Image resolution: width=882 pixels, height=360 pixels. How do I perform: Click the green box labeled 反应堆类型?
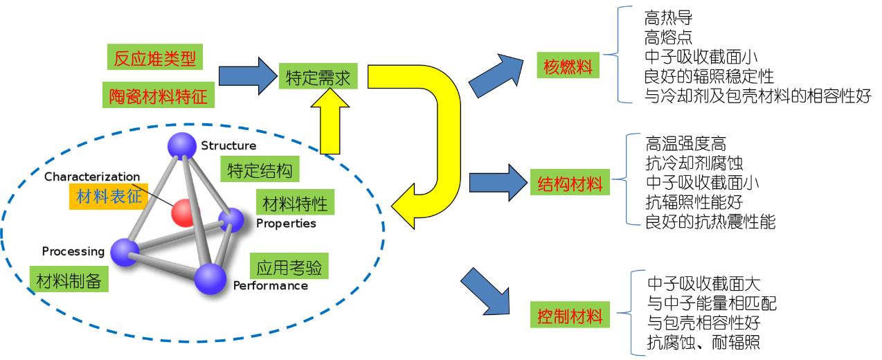point(155,59)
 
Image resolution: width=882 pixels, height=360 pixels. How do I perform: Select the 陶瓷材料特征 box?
point(159,96)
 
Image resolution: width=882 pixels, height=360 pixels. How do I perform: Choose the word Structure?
point(228,146)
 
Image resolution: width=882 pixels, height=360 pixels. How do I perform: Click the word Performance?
point(270,286)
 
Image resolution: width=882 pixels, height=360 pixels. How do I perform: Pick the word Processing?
point(73,251)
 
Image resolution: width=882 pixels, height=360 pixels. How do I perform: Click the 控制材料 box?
point(570,316)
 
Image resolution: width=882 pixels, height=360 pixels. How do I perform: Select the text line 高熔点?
point(668,37)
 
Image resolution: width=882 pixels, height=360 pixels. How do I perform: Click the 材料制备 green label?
point(69,280)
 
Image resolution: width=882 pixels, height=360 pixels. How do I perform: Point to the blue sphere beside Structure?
point(183,146)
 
